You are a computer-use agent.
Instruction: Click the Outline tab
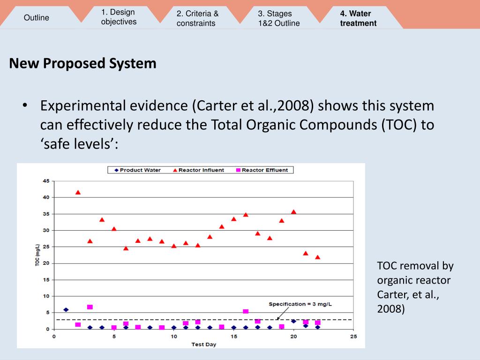click(x=37, y=18)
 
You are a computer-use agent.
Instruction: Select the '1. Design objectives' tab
click(x=119, y=17)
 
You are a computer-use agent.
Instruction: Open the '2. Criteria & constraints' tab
click(x=197, y=18)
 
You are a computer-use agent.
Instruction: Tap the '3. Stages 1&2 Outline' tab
click(x=278, y=18)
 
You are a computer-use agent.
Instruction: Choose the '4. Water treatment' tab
click(x=358, y=18)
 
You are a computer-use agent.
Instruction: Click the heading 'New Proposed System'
click(x=82, y=63)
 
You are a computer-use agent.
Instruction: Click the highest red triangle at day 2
click(x=78, y=192)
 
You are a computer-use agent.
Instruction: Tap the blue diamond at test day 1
click(x=66, y=309)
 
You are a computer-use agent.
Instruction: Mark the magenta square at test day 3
click(x=90, y=307)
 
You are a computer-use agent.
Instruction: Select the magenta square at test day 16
click(x=246, y=311)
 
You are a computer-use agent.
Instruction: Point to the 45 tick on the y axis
click(x=46, y=181)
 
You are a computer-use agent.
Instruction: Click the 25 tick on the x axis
click(x=353, y=337)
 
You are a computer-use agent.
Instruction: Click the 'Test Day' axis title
click(x=203, y=345)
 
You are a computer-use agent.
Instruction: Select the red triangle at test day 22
click(x=317, y=257)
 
